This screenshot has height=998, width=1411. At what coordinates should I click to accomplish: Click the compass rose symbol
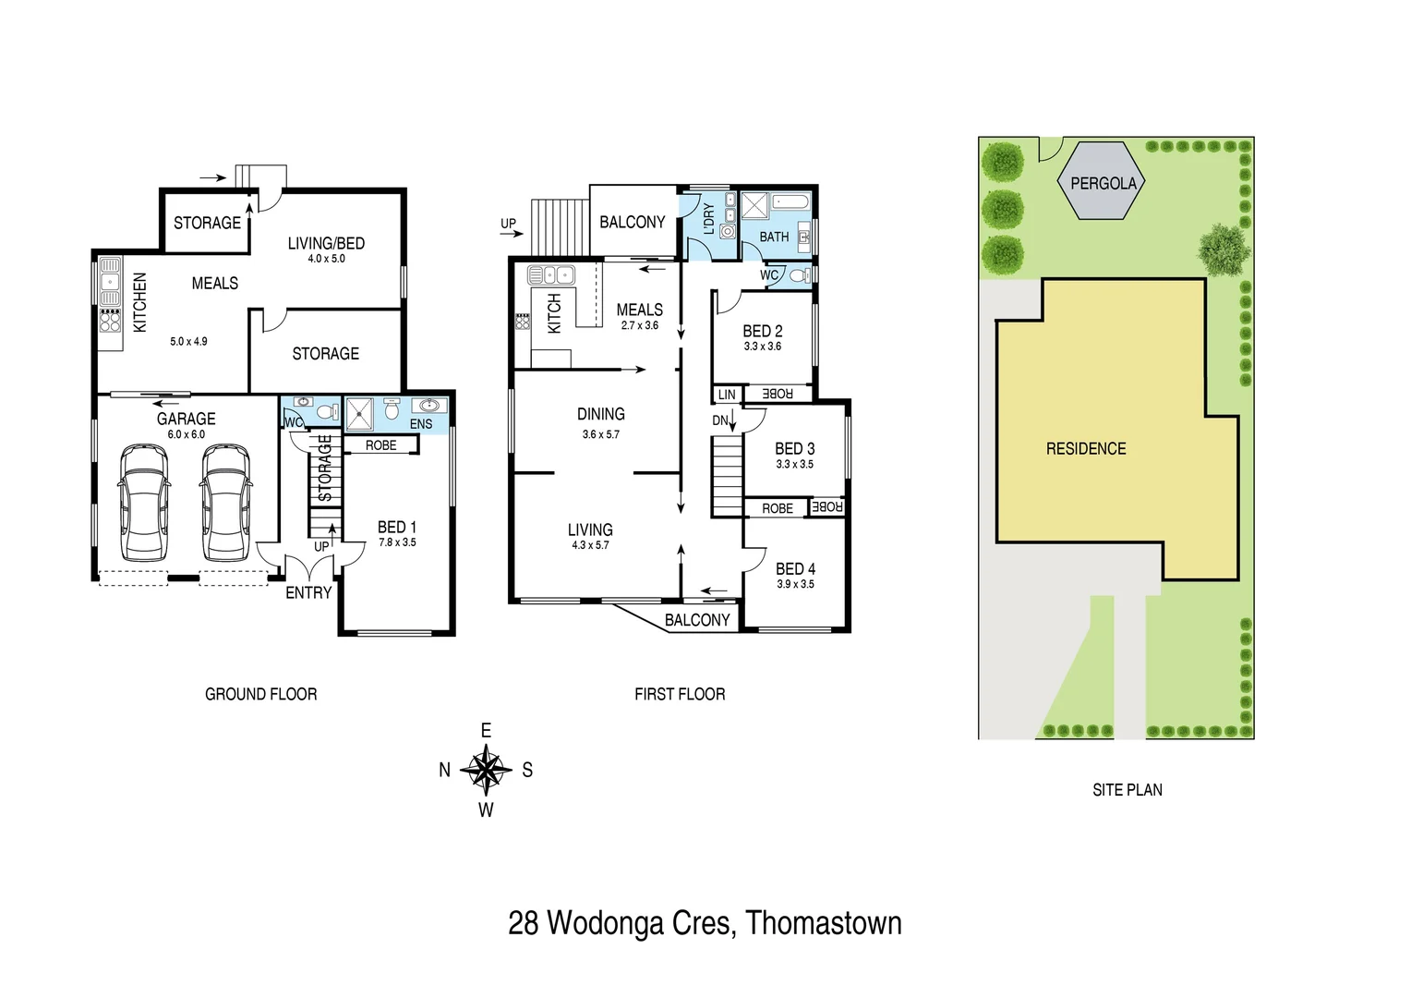point(486,770)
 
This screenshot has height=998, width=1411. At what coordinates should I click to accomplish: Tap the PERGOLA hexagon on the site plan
point(1103,182)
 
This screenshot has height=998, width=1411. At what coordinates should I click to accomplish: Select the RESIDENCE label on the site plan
point(1085,449)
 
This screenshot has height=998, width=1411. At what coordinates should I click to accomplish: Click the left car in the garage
point(144,503)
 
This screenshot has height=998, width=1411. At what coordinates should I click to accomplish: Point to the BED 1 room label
point(396,527)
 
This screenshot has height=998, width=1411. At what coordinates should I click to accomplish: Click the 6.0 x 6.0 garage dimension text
point(187,434)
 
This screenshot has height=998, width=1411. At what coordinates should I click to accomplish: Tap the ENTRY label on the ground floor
point(308,593)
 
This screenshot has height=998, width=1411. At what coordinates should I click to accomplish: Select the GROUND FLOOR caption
point(260,694)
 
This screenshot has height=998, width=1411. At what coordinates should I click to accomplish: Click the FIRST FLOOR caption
point(680,694)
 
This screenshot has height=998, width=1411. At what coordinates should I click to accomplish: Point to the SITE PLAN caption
point(1127,790)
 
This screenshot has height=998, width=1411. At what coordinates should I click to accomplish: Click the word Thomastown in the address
point(824,923)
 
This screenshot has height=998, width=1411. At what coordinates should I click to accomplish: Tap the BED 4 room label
point(795,569)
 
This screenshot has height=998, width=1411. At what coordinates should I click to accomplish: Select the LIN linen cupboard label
point(727,395)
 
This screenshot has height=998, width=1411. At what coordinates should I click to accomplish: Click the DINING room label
point(600,414)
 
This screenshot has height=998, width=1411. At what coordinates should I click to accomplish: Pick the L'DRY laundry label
point(708,219)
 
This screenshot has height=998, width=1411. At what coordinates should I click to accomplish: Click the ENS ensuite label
point(420,424)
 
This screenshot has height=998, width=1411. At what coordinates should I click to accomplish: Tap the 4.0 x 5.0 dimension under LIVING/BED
point(326,259)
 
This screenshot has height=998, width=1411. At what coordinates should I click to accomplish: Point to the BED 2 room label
point(762,331)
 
